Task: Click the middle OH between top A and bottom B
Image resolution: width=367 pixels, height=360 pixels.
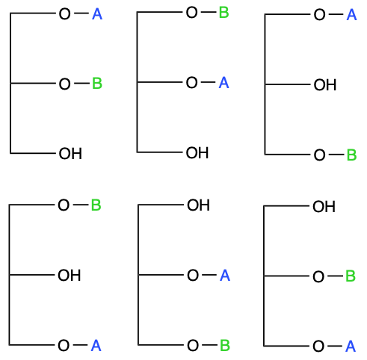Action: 325,85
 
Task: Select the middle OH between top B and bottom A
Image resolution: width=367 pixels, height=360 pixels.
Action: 70,276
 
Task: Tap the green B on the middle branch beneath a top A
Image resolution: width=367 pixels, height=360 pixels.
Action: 97,84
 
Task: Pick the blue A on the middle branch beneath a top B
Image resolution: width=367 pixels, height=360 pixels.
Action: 223,82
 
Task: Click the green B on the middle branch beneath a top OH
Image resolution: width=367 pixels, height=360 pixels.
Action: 351,276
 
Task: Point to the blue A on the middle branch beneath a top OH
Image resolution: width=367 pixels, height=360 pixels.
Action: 225,276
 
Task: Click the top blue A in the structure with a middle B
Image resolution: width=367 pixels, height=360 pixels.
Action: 97,14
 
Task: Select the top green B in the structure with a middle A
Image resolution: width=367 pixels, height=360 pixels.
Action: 223,13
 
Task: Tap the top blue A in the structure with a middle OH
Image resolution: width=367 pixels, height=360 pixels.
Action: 351,15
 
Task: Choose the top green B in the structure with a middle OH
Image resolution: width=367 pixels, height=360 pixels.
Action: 96,205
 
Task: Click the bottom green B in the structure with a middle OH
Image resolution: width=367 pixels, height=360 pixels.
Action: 351,155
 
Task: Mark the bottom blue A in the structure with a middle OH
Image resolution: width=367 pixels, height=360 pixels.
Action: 96,346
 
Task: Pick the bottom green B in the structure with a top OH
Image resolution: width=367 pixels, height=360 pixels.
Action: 225,345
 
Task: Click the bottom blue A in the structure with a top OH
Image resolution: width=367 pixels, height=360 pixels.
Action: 351,347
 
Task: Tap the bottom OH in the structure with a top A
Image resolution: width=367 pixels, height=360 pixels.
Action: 70,154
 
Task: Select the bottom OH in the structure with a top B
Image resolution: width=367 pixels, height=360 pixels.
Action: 197,152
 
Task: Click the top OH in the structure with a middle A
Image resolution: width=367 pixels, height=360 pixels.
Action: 198,205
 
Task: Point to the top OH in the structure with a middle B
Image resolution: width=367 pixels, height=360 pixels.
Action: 324,207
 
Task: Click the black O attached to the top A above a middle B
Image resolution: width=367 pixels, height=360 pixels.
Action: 64,14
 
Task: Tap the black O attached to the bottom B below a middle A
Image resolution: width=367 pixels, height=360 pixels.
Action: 193,346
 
